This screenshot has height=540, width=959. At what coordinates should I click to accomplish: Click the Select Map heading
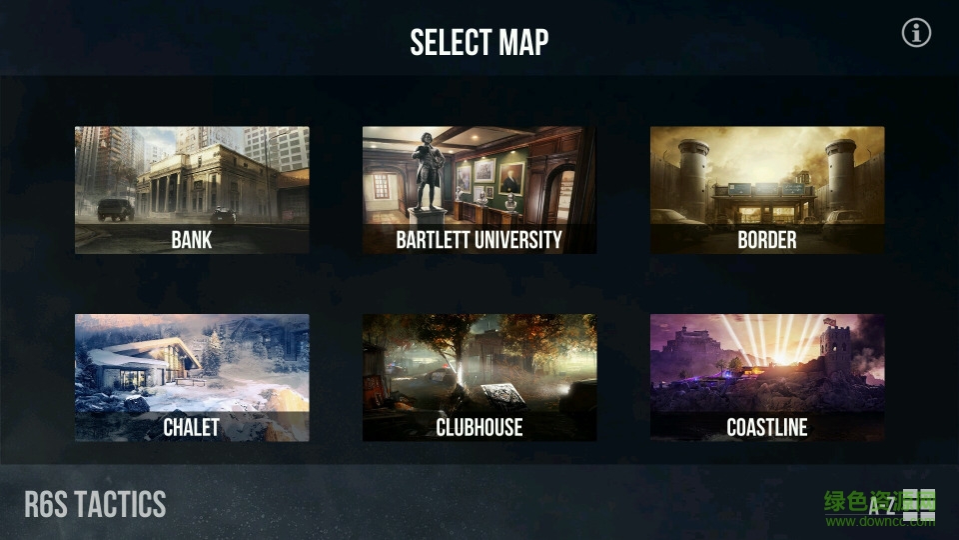point(479,43)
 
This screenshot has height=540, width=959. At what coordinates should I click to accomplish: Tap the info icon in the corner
point(916,33)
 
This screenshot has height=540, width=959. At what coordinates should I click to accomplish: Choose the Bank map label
point(191,240)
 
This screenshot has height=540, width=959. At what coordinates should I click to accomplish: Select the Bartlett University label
point(479,240)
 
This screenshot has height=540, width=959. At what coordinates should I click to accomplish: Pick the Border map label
point(766,240)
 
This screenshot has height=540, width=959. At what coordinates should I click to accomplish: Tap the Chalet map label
point(191,428)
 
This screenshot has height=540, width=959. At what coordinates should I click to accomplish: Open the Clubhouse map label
point(479,428)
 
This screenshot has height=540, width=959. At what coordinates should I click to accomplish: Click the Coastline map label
point(766,428)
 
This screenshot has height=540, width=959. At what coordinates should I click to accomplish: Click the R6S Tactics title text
point(95,504)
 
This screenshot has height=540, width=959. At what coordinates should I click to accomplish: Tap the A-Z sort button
point(880,505)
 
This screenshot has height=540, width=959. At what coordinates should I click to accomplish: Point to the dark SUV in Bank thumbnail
point(115,209)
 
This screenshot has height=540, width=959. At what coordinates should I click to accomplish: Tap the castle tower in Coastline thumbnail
point(835,350)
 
